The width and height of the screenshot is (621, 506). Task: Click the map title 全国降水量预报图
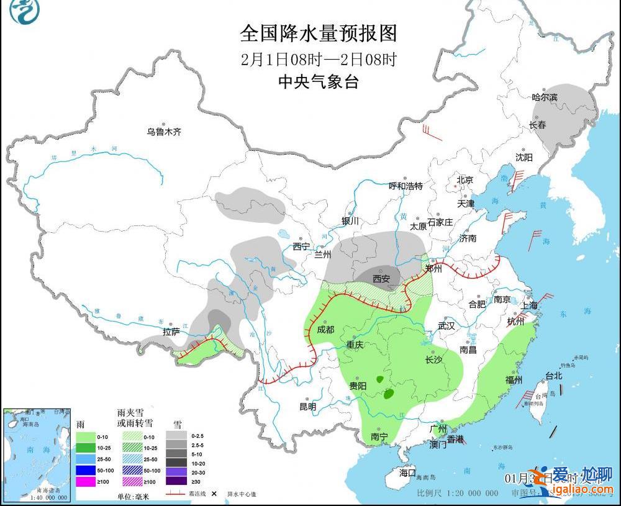pyautogui.click(x=318, y=32)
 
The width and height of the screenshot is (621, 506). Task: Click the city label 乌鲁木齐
pyautogui.click(x=164, y=132)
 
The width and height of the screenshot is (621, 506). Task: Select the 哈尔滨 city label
pyautogui.click(x=545, y=97)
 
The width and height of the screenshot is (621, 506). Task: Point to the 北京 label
pyautogui.click(x=465, y=180)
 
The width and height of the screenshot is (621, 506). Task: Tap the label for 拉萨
pyautogui.click(x=171, y=332)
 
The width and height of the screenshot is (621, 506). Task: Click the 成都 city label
pyautogui.click(x=325, y=330)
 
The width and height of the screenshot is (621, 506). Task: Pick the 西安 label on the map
pyautogui.click(x=381, y=279)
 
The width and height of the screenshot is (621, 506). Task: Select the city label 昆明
pyautogui.click(x=308, y=407)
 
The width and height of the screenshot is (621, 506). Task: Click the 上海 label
pyautogui.click(x=530, y=306)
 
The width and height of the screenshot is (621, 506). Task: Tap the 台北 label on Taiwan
pyautogui.click(x=553, y=376)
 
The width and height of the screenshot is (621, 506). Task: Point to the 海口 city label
pyautogui.click(x=407, y=472)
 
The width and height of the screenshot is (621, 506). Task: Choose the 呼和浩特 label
pyautogui.click(x=406, y=186)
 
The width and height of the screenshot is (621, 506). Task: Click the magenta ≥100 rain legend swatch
pyautogui.click(x=86, y=481)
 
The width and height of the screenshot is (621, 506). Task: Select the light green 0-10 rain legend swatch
pyautogui.click(x=86, y=436)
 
